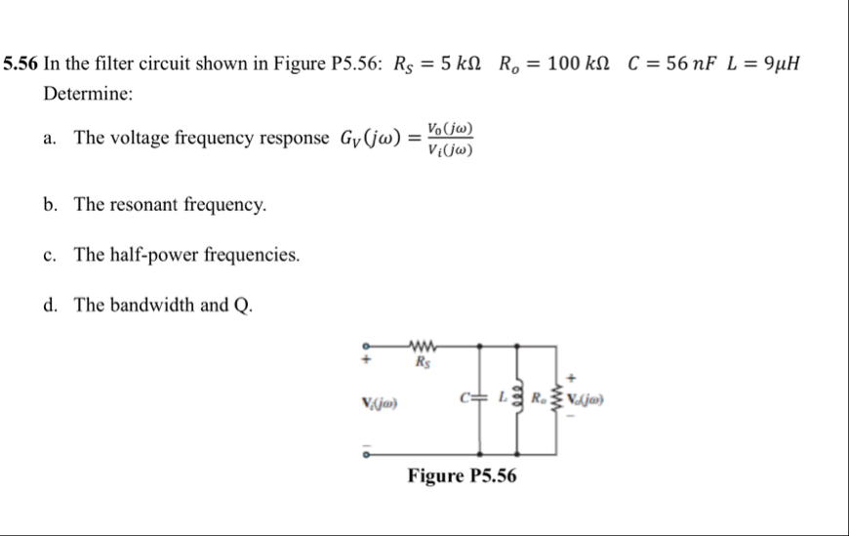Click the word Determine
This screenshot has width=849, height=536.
click(x=88, y=95)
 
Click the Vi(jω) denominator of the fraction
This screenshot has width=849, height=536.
click(x=451, y=149)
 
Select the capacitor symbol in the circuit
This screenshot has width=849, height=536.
click(x=480, y=398)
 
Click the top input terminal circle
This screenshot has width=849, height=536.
click(x=367, y=345)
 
